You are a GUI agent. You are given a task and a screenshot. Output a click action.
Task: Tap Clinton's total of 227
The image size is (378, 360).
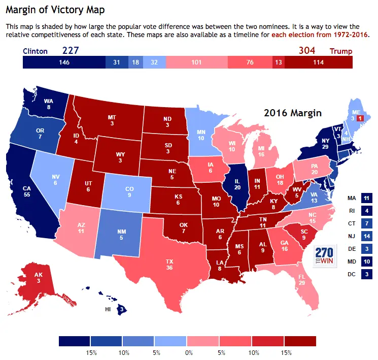tap(71, 50)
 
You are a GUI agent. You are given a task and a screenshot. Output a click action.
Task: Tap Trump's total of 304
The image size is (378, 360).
tap(306, 50)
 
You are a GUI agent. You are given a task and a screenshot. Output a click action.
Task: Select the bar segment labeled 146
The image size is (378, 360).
tap(64, 62)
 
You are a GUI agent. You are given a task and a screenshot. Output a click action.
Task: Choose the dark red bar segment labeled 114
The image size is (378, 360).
tap(318, 62)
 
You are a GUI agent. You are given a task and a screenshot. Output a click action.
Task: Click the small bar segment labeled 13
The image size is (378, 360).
tap(278, 62)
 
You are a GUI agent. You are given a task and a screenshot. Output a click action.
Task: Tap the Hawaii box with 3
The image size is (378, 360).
tap(121, 309)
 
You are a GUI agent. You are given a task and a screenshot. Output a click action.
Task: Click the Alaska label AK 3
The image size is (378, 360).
tap(24, 279)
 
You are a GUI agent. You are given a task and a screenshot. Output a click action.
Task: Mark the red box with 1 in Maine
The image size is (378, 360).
tap(360, 118)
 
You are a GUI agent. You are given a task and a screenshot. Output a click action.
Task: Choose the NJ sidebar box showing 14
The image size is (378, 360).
tap(367, 236)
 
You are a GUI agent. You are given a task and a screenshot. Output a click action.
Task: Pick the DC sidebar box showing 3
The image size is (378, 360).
tap(367, 275)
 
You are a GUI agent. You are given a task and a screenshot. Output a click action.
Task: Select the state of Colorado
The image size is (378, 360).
tap(129, 191)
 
